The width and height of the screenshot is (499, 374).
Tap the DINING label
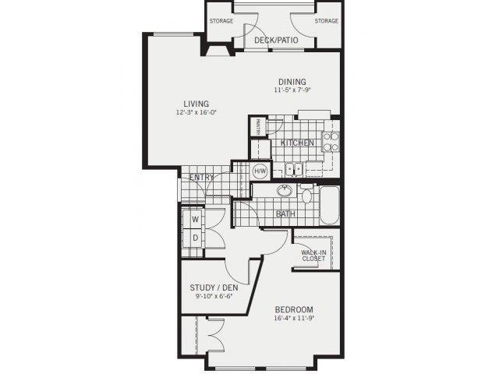click(x=289, y=81)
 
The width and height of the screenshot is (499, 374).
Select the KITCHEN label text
click(x=297, y=143)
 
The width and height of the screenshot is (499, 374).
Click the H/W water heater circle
click(x=260, y=171)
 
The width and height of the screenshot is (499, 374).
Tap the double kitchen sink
click(x=293, y=168)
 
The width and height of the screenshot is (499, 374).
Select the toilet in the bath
click(x=306, y=195)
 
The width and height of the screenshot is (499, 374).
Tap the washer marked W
click(x=194, y=220)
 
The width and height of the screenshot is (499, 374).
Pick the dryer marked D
click(x=194, y=238)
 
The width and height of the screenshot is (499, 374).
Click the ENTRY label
click(x=202, y=178)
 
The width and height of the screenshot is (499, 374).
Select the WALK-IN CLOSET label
click(x=313, y=255)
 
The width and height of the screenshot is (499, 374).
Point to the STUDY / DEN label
click(x=214, y=288)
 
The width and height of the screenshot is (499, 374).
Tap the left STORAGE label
click(x=221, y=20)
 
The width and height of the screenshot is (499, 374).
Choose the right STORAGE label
click(x=327, y=20)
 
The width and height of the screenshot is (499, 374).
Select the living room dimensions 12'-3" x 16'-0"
click(x=196, y=112)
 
